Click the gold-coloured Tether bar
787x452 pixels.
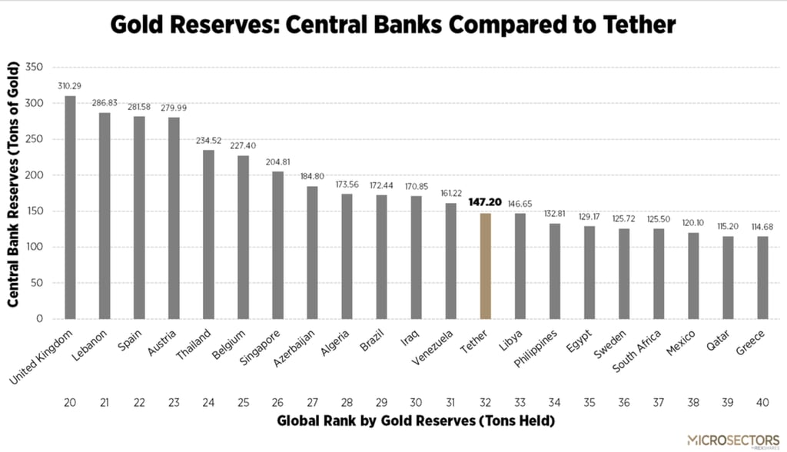(x=486, y=266)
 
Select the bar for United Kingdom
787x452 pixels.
(x=70, y=208)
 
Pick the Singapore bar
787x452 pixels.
(x=277, y=245)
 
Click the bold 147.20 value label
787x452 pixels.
(x=485, y=202)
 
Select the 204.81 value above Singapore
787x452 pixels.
(x=277, y=162)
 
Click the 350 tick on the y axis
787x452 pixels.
(x=34, y=68)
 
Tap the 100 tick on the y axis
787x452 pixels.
(x=34, y=247)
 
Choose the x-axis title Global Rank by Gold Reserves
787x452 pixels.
(x=415, y=421)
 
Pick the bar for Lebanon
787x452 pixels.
(x=105, y=216)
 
